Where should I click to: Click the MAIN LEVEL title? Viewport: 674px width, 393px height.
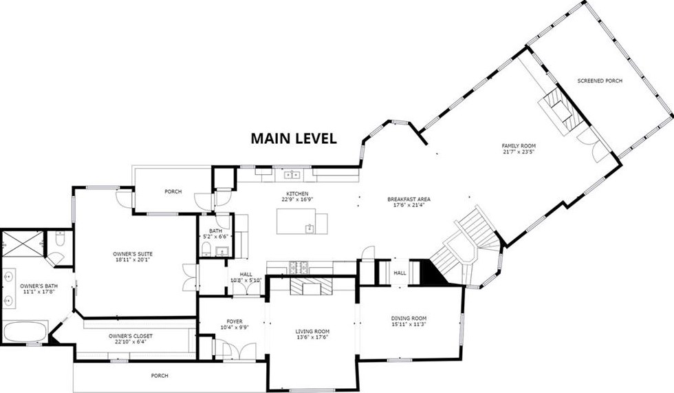pyautogui.click(x=294, y=138)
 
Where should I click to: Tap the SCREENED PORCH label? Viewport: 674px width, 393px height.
pyautogui.click(x=600, y=81)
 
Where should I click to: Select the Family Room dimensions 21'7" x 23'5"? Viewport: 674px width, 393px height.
pyautogui.click(x=519, y=151)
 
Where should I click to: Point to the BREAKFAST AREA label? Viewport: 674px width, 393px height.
pyautogui.click(x=409, y=200)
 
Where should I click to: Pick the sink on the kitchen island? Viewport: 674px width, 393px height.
pyautogui.click(x=309, y=229)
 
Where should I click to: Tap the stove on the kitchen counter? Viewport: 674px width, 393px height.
pyautogui.click(x=298, y=268)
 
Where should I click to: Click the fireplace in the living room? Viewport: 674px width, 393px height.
pyautogui.click(x=311, y=286)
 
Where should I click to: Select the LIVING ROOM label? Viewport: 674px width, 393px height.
pyautogui.click(x=312, y=332)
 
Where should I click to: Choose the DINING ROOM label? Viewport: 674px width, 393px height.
pyautogui.click(x=409, y=319)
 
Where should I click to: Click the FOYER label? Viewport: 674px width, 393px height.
pyautogui.click(x=235, y=321)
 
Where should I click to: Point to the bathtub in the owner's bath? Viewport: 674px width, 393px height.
pyautogui.click(x=25, y=332)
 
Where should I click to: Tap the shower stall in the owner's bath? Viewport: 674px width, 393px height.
pyautogui.click(x=23, y=244)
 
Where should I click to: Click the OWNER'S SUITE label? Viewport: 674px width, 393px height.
pyautogui.click(x=133, y=254)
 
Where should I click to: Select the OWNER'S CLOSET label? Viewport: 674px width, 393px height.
pyautogui.click(x=131, y=337)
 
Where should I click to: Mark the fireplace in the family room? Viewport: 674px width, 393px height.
pyautogui.click(x=561, y=111)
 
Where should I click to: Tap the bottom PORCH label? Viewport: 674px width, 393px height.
pyautogui.click(x=160, y=376)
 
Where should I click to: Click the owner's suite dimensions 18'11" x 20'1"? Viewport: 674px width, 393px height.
pyautogui.click(x=133, y=259)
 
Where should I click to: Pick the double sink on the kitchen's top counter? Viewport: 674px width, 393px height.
pyautogui.click(x=293, y=175)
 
